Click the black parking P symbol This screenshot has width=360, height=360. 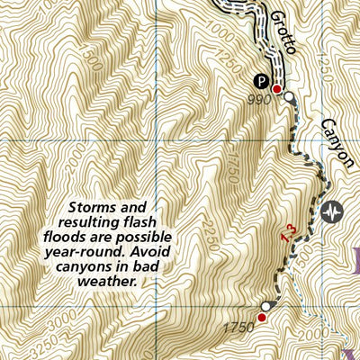coord(262,78)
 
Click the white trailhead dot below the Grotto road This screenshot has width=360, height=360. coord(290,97)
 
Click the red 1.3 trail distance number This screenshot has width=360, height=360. coord(289,232)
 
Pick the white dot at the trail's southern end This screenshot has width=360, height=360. coord(267,306)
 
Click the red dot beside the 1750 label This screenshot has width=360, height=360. coord(262,318)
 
